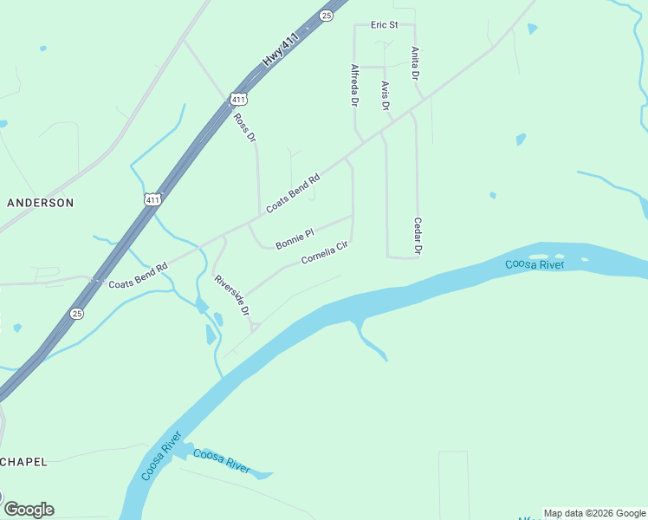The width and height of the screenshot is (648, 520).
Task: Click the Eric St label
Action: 384,25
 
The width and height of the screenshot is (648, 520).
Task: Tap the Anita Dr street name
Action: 416,64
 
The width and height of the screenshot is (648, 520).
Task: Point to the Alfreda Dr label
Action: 354,84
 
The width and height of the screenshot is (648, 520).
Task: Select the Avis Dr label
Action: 386,95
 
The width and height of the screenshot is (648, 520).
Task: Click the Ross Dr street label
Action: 246,127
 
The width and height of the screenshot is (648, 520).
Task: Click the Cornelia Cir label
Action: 324,253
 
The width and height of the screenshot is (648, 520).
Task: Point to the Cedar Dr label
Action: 418,237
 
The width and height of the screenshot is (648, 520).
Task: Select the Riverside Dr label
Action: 232,295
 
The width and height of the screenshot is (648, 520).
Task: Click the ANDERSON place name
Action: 41,202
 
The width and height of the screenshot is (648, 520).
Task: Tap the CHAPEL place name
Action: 23,461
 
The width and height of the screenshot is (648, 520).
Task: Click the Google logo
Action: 29,509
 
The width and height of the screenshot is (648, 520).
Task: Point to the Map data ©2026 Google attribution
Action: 594,513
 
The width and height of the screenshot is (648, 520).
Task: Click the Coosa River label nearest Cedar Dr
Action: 535,263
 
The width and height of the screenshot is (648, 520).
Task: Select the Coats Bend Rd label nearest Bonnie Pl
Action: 293,193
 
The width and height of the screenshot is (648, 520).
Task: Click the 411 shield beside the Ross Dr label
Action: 239,100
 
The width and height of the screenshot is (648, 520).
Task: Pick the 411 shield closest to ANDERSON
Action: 152,199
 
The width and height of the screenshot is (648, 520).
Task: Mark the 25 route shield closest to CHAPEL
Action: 77,314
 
